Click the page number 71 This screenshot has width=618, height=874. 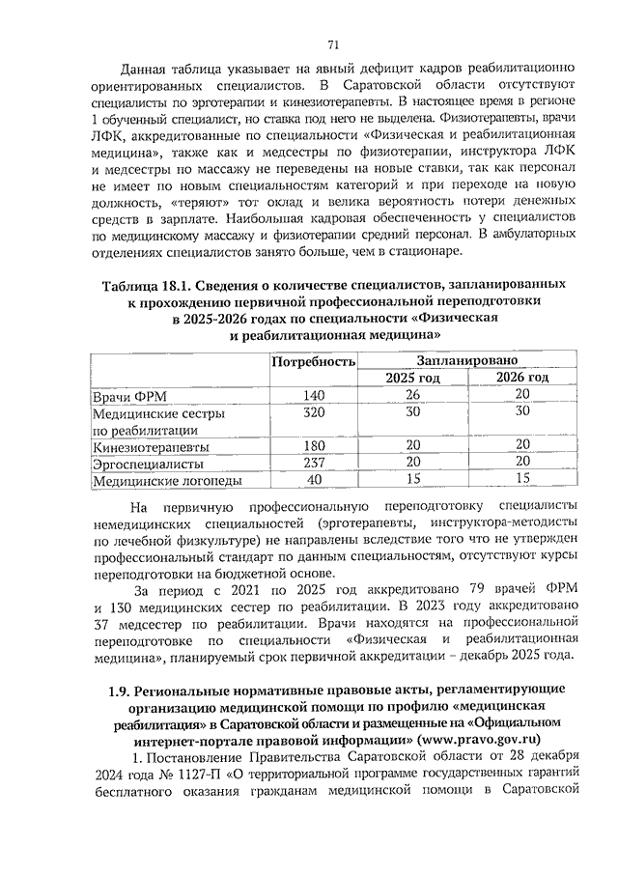(x=333, y=44)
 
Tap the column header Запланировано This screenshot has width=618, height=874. (x=467, y=357)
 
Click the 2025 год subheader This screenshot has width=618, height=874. (x=412, y=377)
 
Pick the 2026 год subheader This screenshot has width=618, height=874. (x=522, y=377)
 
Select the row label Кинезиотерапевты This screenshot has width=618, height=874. (x=150, y=446)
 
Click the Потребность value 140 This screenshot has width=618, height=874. (x=314, y=394)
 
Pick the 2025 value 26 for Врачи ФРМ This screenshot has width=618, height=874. (x=412, y=394)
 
